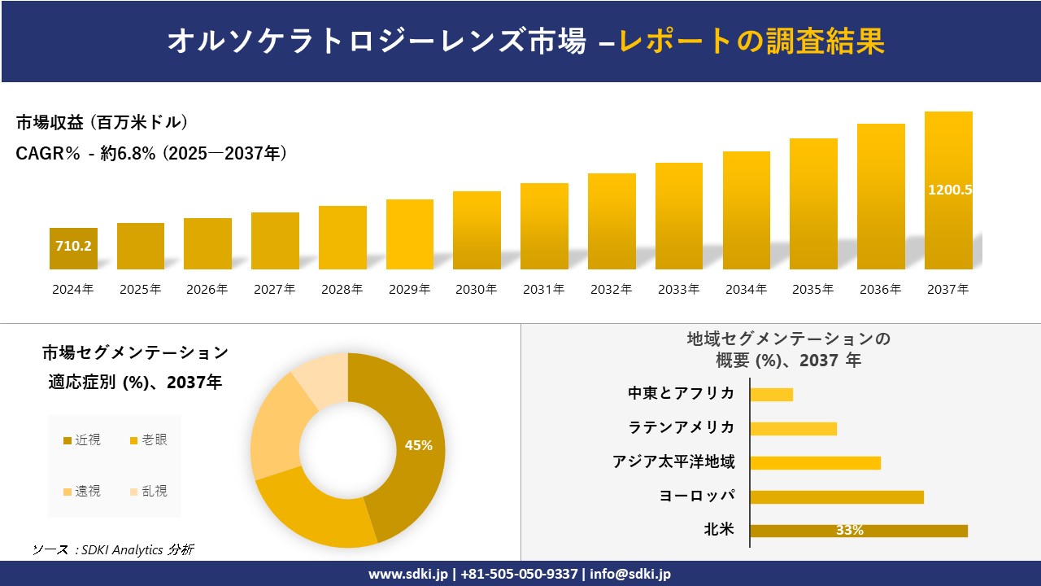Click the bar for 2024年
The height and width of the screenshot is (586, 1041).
click(x=73, y=248)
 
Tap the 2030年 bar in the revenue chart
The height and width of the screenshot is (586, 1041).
click(x=477, y=230)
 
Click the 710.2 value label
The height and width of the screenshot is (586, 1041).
click(x=73, y=246)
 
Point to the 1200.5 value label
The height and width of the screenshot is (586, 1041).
click(x=949, y=190)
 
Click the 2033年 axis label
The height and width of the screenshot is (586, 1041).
click(x=678, y=289)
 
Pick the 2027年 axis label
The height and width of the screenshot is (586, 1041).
click(x=275, y=289)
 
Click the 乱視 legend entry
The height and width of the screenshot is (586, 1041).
click(x=148, y=491)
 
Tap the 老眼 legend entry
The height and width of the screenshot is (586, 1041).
click(x=148, y=440)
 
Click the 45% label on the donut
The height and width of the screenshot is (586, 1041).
click(x=419, y=445)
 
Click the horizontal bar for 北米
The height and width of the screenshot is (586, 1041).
click(x=858, y=531)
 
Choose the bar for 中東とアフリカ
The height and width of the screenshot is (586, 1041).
click(x=771, y=394)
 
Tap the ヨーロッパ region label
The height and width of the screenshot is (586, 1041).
click(x=697, y=496)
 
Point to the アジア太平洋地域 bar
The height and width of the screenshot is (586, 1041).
click(x=815, y=462)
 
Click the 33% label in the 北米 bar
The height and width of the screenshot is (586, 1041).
click(x=849, y=531)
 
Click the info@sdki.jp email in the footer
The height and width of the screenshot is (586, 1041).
click(x=630, y=574)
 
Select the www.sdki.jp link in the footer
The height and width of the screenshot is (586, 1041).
click(x=408, y=574)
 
